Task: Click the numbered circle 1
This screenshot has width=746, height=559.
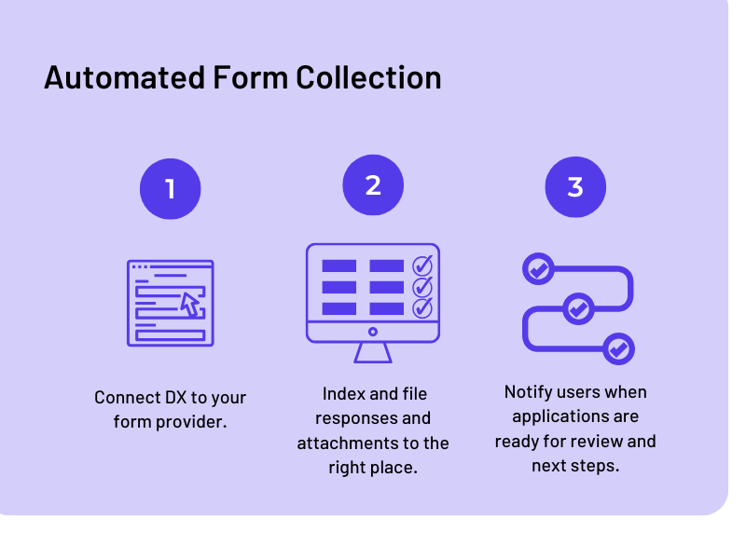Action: click(x=170, y=189)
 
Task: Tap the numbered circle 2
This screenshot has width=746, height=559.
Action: click(x=373, y=184)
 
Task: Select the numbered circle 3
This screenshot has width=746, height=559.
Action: click(x=575, y=186)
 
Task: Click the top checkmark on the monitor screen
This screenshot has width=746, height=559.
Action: click(x=422, y=266)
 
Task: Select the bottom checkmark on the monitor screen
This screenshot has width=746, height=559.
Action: click(x=422, y=307)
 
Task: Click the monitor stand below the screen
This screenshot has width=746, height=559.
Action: click(x=373, y=352)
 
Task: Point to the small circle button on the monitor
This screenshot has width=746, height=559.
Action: click(x=373, y=332)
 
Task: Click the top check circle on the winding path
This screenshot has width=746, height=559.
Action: click(x=538, y=269)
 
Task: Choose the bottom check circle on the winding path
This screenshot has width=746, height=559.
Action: click(x=617, y=349)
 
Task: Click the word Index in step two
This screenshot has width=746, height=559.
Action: click(x=342, y=394)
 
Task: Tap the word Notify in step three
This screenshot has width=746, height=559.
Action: click(x=528, y=392)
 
